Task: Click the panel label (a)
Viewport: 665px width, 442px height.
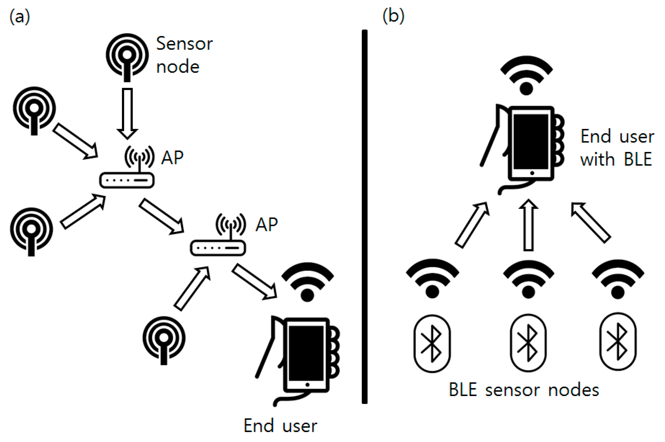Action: pos(20,17)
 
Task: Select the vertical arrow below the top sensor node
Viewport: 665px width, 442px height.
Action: pos(127,113)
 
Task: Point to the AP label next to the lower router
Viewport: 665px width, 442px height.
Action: pos(266,225)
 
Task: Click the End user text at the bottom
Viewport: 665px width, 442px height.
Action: pos(280,426)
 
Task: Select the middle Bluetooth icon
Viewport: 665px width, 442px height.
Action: pos(528,343)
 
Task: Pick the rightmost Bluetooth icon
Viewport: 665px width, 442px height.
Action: pos(617,341)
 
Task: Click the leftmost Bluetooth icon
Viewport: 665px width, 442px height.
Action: pos(432,343)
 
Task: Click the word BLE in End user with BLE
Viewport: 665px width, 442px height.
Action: pos(638,159)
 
